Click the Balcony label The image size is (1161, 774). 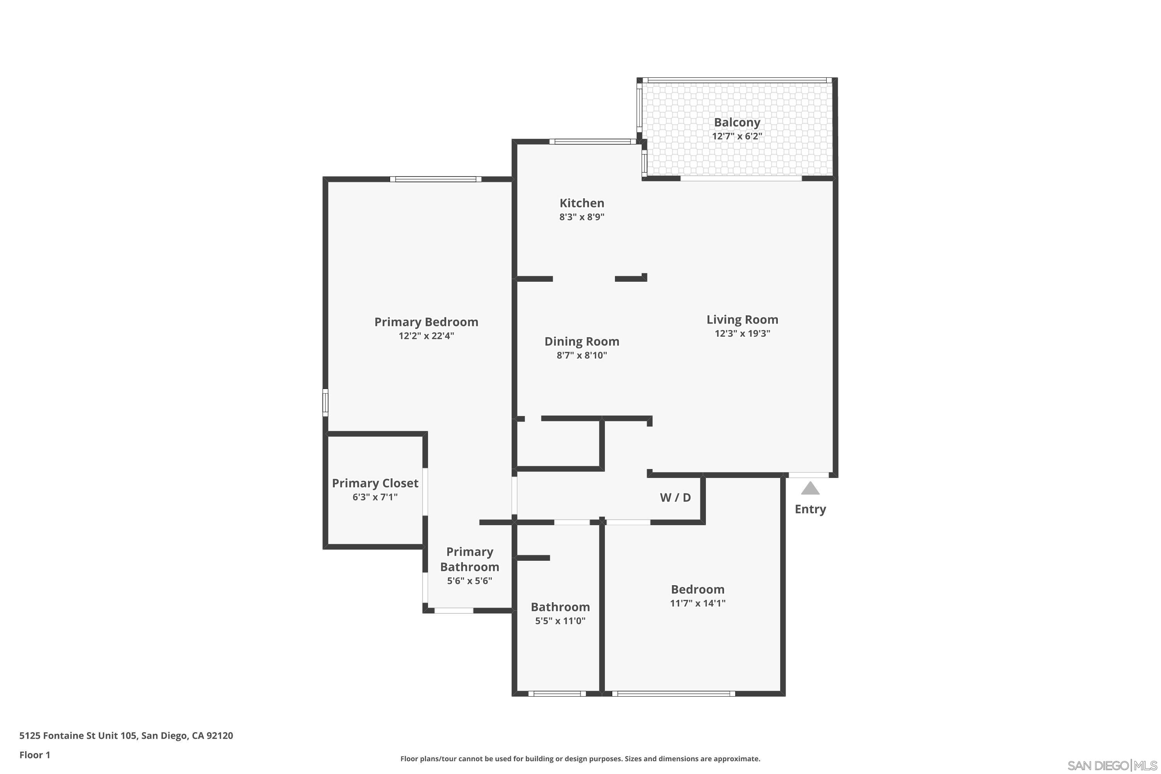click(736, 122)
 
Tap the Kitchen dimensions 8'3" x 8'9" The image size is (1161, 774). click(582, 217)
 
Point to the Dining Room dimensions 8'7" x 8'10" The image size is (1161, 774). click(582, 355)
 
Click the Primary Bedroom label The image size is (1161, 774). click(426, 322)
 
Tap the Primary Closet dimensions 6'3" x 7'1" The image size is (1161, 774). click(375, 497)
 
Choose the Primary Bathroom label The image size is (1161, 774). click(469, 559)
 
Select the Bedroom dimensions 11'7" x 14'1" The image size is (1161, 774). click(697, 603)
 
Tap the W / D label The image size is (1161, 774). click(675, 498)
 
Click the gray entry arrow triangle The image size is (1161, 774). click(810, 489)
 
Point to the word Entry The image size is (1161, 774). click(810, 509)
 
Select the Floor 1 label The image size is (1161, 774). click(34, 755)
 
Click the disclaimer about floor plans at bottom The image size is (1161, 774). click(580, 759)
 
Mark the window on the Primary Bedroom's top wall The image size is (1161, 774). click(435, 179)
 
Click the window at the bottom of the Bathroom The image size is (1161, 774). click(557, 694)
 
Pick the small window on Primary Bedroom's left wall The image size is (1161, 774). click(325, 402)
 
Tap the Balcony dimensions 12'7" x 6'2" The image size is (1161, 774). click(736, 136)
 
